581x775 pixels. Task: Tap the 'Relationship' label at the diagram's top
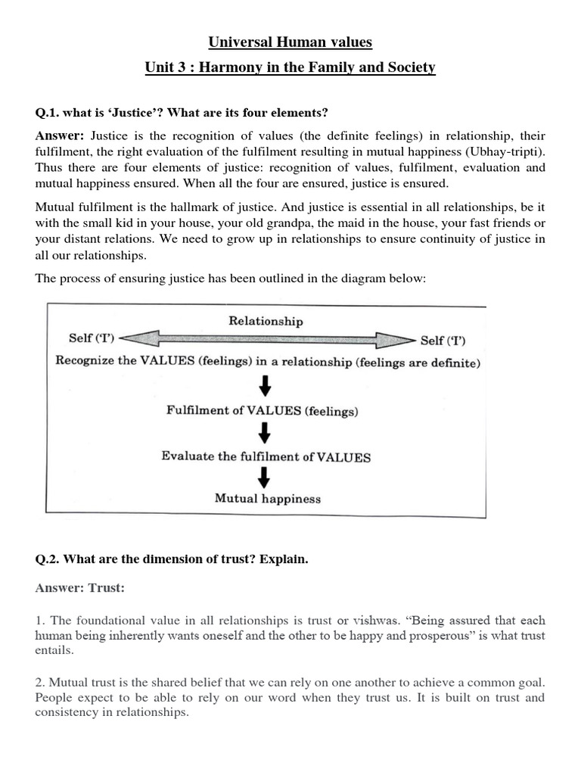(x=266, y=321)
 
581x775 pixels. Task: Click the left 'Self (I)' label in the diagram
(x=91, y=338)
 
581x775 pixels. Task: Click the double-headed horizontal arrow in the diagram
(x=266, y=338)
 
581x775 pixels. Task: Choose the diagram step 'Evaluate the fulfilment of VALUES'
(x=266, y=456)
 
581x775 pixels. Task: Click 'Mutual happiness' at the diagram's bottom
(x=267, y=499)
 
